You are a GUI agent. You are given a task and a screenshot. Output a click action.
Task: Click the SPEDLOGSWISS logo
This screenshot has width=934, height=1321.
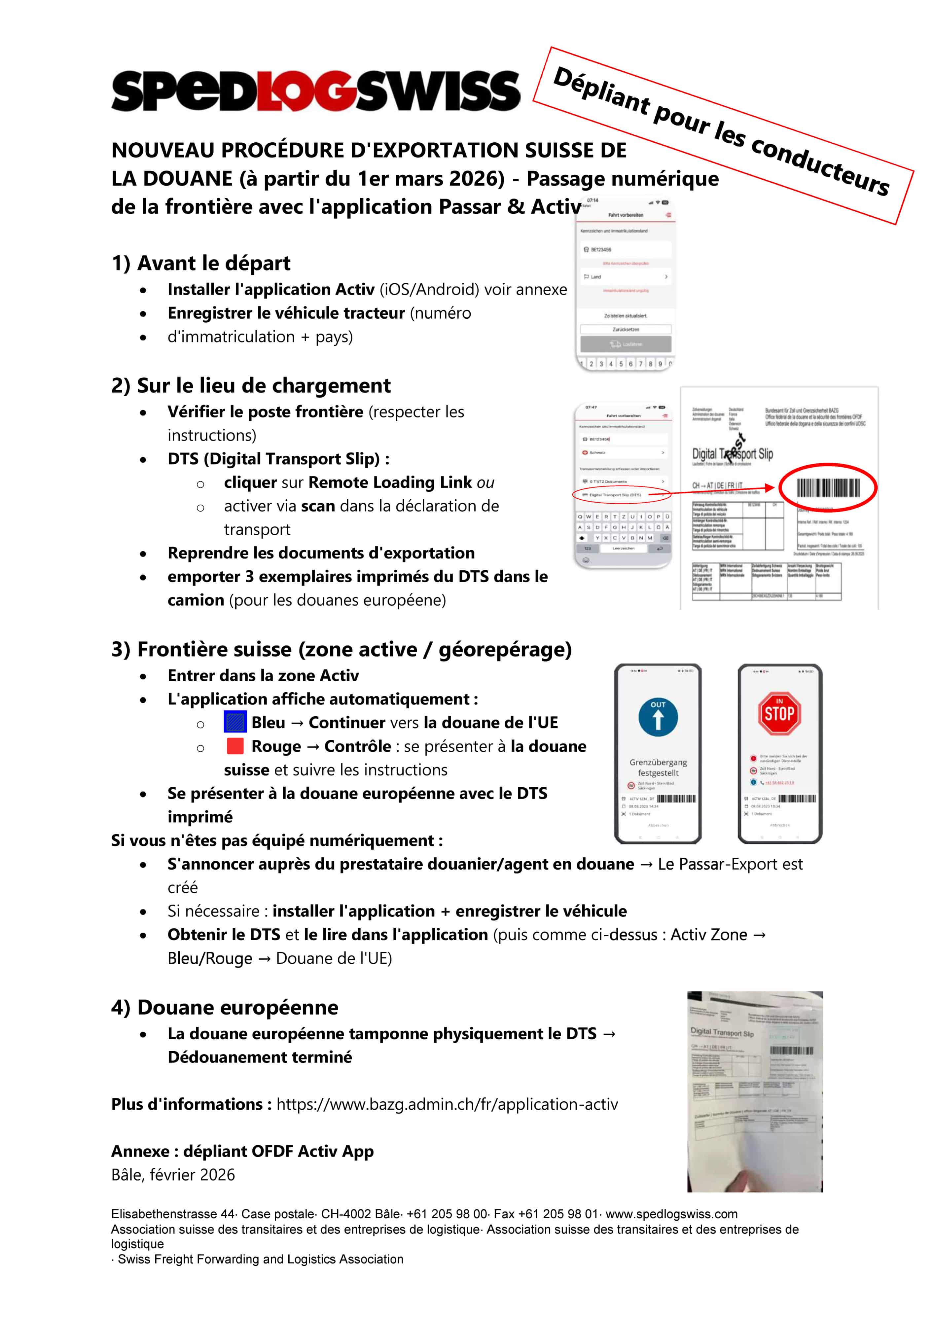pyautogui.click(x=315, y=91)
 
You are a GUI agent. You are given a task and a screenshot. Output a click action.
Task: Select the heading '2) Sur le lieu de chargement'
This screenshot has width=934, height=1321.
pyautogui.click(x=251, y=385)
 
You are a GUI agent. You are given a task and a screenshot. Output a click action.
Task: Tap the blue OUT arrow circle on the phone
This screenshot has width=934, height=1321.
pyautogui.click(x=658, y=717)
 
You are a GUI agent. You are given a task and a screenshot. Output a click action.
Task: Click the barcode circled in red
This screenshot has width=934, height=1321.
pyautogui.click(x=828, y=488)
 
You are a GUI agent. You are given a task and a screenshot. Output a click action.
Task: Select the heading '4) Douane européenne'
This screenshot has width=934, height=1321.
pyautogui.click(x=225, y=1008)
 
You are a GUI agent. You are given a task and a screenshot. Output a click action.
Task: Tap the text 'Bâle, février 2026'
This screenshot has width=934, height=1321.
pyautogui.click(x=173, y=1174)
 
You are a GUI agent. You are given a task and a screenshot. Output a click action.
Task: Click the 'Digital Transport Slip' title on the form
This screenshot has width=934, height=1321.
pyautogui.click(x=732, y=454)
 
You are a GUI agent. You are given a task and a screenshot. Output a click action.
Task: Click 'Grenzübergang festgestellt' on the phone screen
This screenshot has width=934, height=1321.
pyautogui.click(x=658, y=768)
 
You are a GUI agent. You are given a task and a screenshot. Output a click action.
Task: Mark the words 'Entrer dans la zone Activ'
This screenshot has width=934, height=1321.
pyautogui.click(x=263, y=675)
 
